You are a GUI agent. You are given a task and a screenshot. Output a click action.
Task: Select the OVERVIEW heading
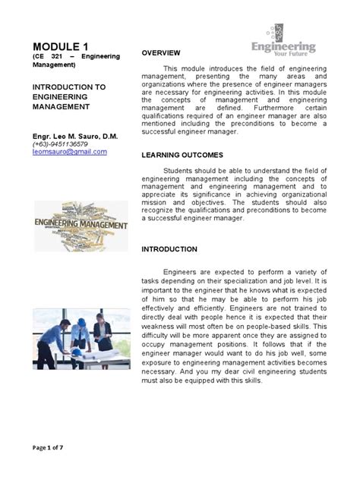tap(161, 52)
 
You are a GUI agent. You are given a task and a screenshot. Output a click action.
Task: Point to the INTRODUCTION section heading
tap(169, 249)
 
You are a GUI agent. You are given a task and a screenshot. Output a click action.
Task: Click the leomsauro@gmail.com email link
tap(69, 151)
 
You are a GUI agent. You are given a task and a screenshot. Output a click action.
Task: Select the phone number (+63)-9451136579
tap(60, 144)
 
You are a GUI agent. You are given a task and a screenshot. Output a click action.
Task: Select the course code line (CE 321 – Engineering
tap(76, 57)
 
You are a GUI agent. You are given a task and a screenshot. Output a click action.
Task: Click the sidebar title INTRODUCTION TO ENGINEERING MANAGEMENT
tap(60, 97)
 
